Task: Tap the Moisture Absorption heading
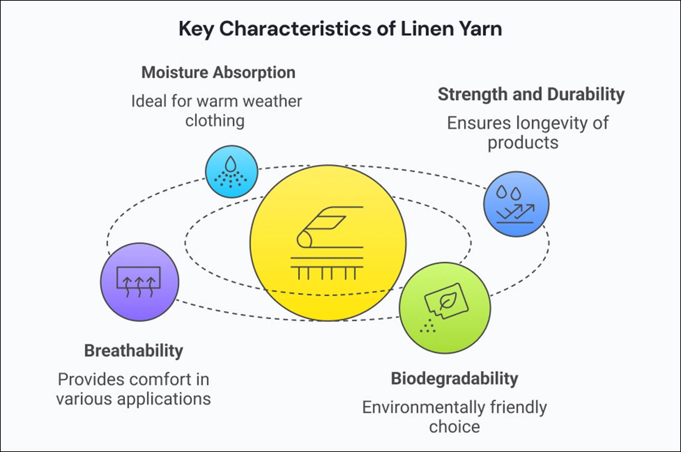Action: click(x=218, y=73)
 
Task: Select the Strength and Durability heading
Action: click(x=531, y=94)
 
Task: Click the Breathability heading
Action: click(x=133, y=351)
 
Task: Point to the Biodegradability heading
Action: click(x=454, y=379)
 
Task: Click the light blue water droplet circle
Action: click(x=231, y=172)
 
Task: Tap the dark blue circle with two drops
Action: click(x=516, y=204)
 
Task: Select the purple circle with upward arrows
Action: click(x=139, y=282)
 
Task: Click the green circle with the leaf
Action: click(x=445, y=308)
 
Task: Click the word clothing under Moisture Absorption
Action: click(x=215, y=121)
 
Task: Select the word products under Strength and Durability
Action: click(x=523, y=143)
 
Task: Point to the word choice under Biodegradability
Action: click(x=454, y=427)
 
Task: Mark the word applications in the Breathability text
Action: click(x=164, y=399)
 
